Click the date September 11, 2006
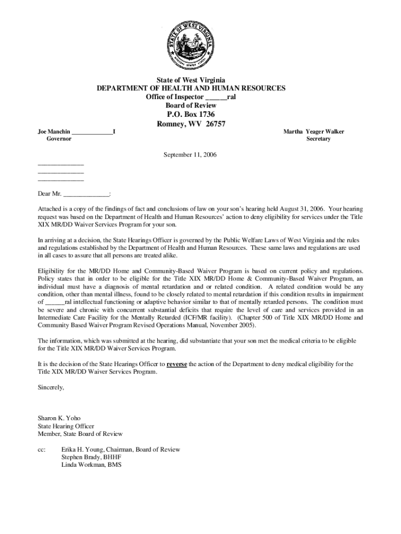click(190, 155)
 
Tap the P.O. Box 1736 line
click(191, 114)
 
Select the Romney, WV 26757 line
click(191, 124)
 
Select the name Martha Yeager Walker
click(314, 132)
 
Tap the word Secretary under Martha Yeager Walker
click(318, 139)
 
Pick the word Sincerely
click(51, 387)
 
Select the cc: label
click(42, 449)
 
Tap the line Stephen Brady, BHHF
click(87, 457)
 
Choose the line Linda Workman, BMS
click(91, 465)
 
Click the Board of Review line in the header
click(191, 105)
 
